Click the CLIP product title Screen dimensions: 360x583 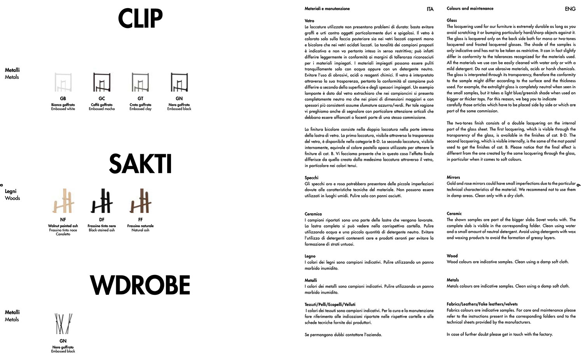(x=140, y=19)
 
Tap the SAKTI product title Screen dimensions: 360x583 (x=140, y=164)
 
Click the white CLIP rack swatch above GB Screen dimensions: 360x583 (x=63, y=82)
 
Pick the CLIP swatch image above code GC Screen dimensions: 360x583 (x=102, y=82)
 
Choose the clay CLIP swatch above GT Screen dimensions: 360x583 (x=140, y=82)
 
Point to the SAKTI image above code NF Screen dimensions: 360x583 (x=63, y=201)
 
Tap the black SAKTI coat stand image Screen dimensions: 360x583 (x=102, y=201)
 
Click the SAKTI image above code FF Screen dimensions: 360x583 (x=140, y=201)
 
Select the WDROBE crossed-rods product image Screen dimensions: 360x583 (x=63, y=324)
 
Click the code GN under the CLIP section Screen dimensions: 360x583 (x=179, y=99)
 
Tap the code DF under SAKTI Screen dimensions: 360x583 (x=102, y=220)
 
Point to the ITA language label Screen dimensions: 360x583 (x=430, y=9)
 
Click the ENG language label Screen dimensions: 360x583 (x=570, y=9)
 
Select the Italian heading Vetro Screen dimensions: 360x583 (x=309, y=21)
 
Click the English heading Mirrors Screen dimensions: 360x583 (x=453, y=177)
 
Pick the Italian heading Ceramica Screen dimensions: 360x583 (x=313, y=214)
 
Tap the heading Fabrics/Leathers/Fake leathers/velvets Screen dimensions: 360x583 (x=482, y=304)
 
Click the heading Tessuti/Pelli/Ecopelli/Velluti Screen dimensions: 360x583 (x=330, y=304)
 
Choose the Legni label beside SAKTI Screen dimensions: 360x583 (x=10, y=191)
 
